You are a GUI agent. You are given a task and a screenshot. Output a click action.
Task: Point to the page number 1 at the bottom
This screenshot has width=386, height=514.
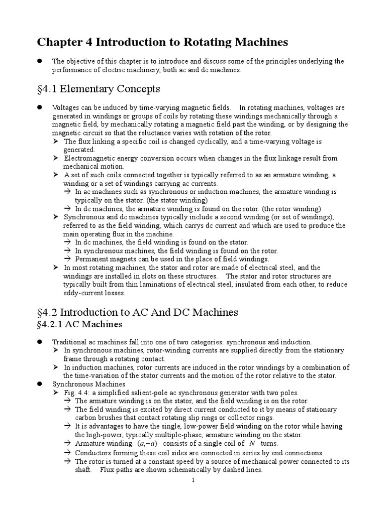[193, 481]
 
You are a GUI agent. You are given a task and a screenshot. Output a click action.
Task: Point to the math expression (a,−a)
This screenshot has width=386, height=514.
[146, 444]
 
